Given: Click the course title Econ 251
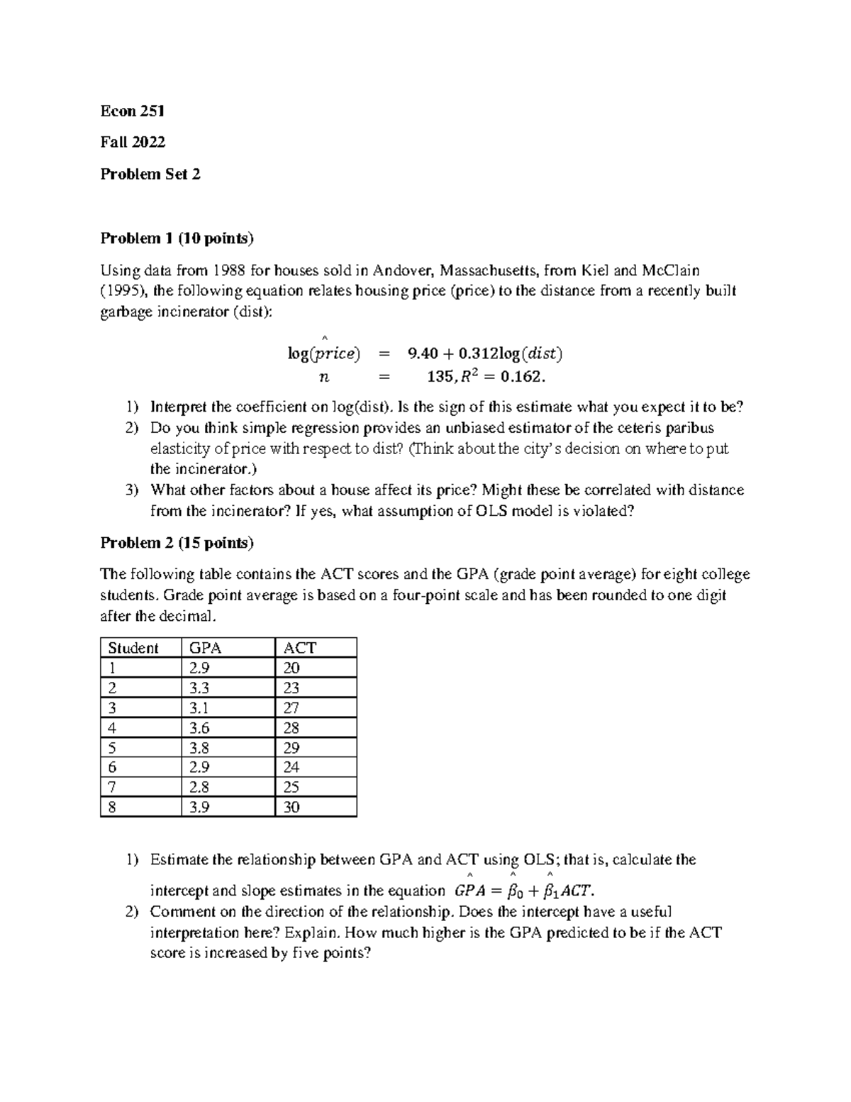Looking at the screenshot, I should coord(133,111).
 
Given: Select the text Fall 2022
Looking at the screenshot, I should coord(133,142).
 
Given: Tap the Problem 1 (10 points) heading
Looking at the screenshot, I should coord(177,238).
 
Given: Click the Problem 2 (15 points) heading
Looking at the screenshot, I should coord(177,543).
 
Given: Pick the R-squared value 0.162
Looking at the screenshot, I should coord(523,376).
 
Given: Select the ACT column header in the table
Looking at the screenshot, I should coord(299,648).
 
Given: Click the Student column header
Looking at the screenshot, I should coord(133,648).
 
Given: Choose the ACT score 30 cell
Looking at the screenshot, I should coord(291,808).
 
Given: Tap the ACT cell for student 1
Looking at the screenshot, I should coord(291,668).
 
